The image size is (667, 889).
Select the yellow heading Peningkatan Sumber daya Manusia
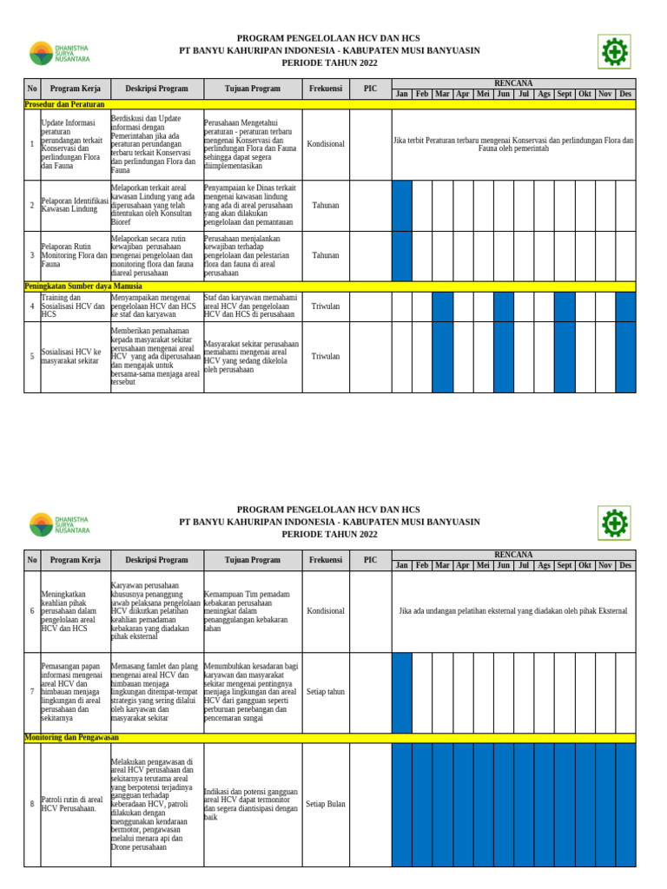83,286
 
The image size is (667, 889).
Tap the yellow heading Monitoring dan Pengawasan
71,738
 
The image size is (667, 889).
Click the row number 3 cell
32,256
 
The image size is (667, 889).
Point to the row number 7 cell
32,692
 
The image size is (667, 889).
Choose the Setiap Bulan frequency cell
326,804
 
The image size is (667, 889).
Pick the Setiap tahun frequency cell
326,692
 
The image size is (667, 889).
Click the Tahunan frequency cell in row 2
326,206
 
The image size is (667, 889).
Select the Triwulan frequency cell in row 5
326,357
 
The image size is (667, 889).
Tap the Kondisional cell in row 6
326,611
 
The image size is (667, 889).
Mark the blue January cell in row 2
402,206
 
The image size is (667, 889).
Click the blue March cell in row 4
442,306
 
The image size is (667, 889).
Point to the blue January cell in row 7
402,692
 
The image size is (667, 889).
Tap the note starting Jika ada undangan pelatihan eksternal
512,611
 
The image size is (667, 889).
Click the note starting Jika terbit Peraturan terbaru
513,144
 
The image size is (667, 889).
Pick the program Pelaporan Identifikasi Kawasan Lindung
75,206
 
